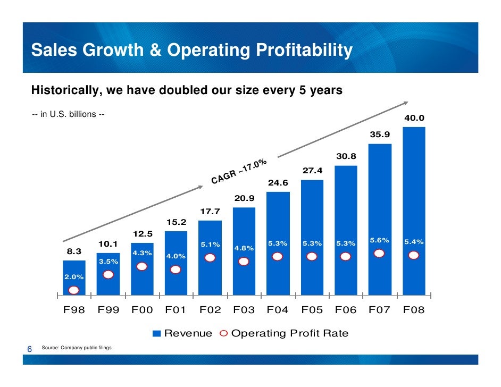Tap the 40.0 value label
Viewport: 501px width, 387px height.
[414, 119]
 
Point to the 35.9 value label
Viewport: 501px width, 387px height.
[380, 135]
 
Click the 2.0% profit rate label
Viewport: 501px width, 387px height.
[73, 277]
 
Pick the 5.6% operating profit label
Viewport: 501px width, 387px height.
[379, 240]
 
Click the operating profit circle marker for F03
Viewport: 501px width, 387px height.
[244, 262]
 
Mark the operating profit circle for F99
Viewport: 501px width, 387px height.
[108, 275]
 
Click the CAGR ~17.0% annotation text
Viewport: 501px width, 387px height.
[239, 172]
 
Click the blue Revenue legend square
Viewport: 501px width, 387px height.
[156, 334]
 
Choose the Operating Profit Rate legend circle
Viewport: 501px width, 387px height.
[223, 334]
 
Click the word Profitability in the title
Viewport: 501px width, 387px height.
[305, 51]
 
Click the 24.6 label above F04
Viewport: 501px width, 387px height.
[278, 183]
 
